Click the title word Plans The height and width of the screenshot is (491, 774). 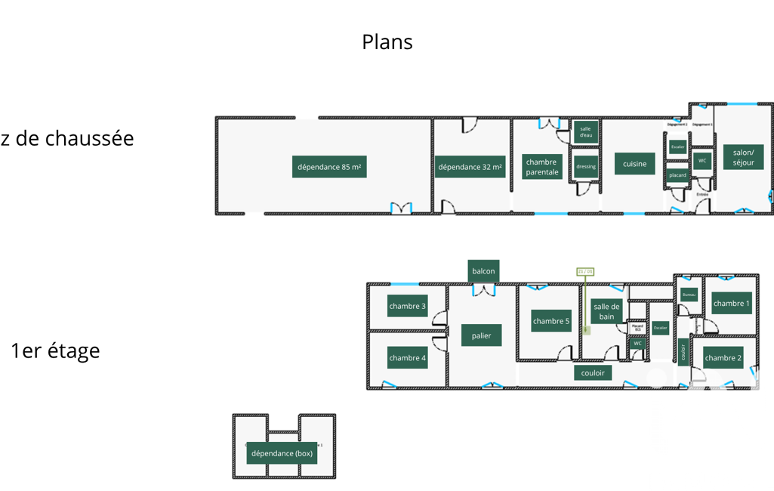pos(387,42)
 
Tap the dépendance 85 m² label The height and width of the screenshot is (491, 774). pos(329,167)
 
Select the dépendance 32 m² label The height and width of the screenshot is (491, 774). pos(470,167)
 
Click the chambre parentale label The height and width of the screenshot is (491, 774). pos(541,167)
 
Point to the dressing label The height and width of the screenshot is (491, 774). pos(586,166)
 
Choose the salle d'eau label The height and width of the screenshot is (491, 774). pos(586,131)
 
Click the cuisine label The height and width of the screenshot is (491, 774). pos(634,164)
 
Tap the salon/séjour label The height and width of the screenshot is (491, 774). pos(743,157)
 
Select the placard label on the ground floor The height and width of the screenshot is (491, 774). pos(678,175)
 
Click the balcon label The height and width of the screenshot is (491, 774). pos(483,270)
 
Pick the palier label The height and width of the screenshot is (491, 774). pos(481,335)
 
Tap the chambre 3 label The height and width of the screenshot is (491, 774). pos(407,306)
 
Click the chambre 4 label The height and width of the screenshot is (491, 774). pos(407,358)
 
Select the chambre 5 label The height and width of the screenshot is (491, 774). pos(551,321)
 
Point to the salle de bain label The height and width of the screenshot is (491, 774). pos(606,311)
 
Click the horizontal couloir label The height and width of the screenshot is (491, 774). pos(593,372)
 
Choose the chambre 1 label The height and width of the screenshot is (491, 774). pos(732,303)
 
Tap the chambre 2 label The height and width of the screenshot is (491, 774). pos(723,358)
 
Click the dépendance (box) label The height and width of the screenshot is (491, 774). pos(282,453)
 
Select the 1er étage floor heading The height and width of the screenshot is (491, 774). pos(55,350)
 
